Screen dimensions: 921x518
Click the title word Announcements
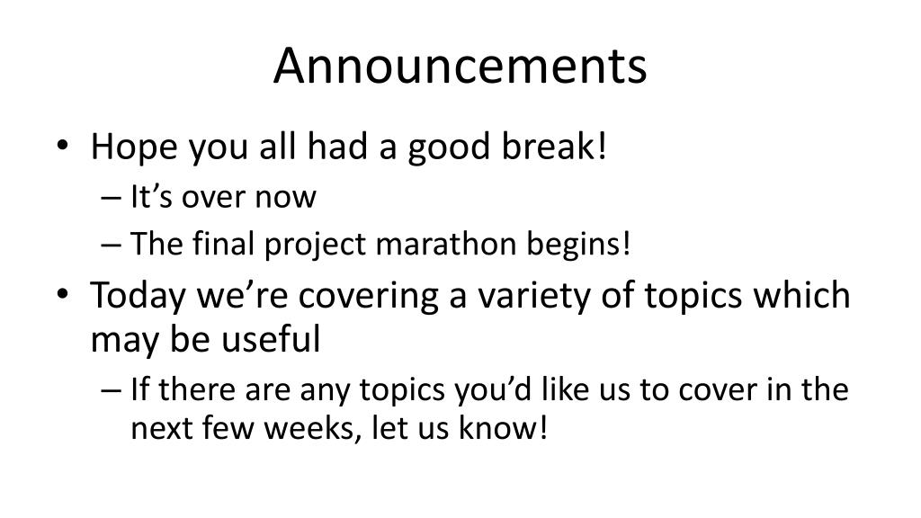tap(460, 65)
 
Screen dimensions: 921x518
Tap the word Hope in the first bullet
tap(134, 147)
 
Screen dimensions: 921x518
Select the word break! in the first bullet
tap(554, 146)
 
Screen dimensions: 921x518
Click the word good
tap(450, 147)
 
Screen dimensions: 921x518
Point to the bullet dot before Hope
tap(63, 145)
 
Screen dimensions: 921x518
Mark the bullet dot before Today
tap(63, 294)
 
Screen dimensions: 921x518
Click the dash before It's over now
tap(111, 198)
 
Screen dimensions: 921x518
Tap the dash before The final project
tap(111, 245)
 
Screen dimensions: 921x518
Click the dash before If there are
tap(111, 390)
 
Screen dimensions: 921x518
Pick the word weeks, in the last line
tap(312, 428)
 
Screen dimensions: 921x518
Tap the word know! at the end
tap(503, 427)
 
